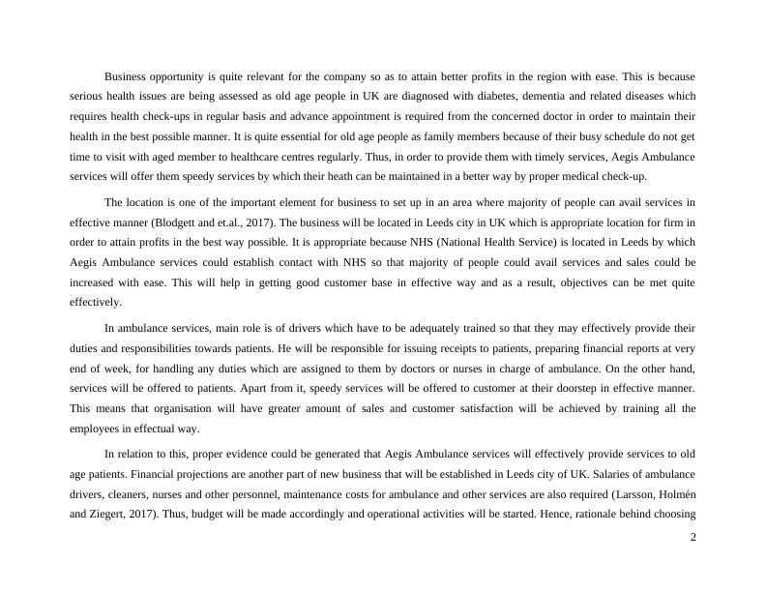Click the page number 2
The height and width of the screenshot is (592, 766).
[692, 539]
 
